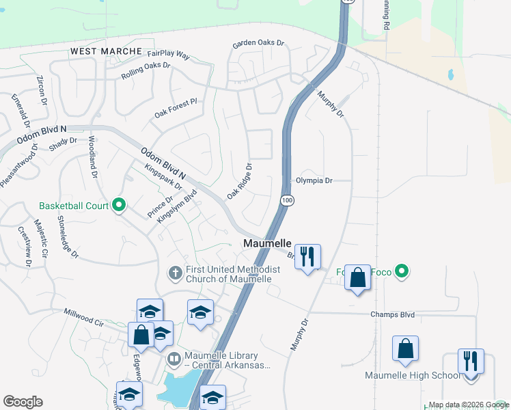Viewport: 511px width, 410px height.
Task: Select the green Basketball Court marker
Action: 119,205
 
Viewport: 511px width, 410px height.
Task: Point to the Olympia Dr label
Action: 314,181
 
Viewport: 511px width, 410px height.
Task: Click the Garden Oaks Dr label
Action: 258,43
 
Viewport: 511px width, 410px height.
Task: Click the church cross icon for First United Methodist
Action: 175,273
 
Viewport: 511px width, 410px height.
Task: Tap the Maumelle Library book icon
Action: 175,359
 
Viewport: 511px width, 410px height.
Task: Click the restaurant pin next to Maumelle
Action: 307,257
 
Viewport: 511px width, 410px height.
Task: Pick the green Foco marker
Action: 402,272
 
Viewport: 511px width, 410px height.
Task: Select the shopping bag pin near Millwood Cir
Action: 141,334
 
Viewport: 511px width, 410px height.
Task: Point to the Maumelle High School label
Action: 413,375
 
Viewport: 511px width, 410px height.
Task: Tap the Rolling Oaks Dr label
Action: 146,70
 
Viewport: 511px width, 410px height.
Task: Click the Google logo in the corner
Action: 23,401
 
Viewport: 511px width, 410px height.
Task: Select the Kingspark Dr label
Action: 163,176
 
